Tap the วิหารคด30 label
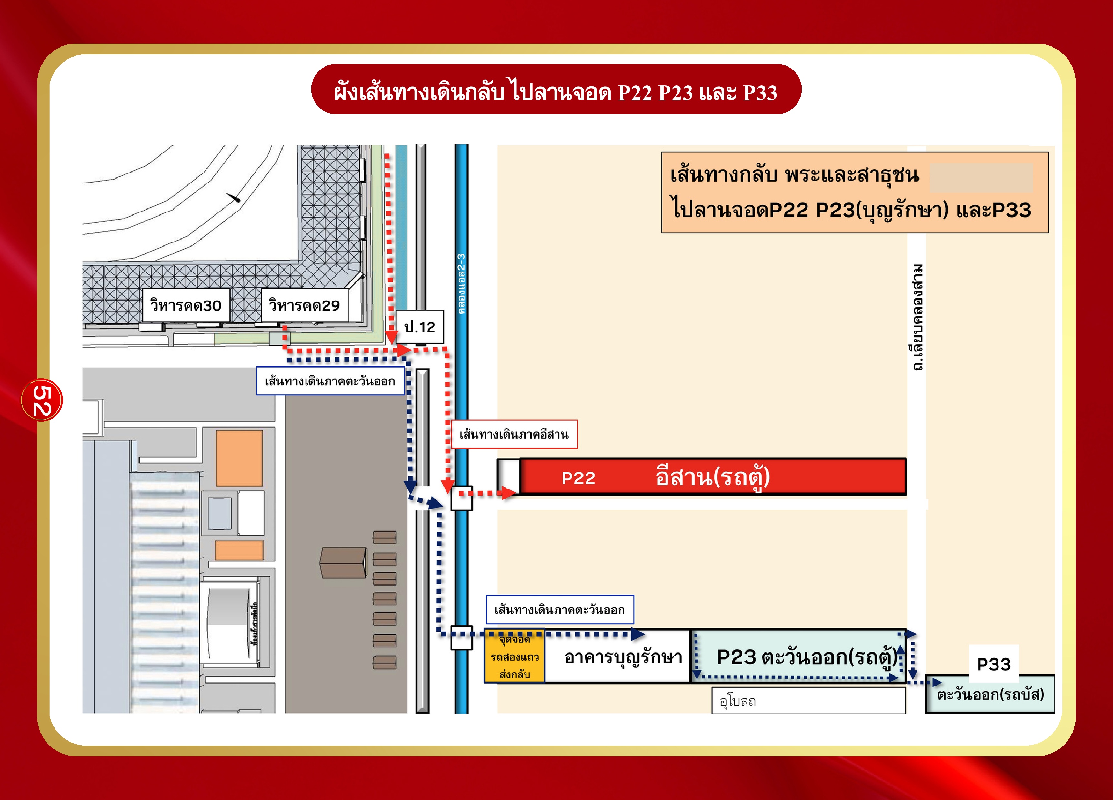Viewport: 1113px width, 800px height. pyautogui.click(x=185, y=305)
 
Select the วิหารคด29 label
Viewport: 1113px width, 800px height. pyautogui.click(x=304, y=305)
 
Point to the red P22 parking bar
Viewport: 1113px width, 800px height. pyautogui.click(x=712, y=477)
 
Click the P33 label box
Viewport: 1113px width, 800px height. pyautogui.click(x=994, y=664)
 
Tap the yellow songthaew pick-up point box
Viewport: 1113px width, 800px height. pyautogui.click(x=514, y=656)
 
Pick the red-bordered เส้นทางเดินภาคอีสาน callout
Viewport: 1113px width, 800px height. pyautogui.click(x=514, y=434)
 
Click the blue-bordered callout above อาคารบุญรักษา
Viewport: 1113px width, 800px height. pyautogui.click(x=559, y=609)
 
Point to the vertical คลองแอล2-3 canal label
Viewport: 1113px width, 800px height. pyautogui.click(x=461, y=283)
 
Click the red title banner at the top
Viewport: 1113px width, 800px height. pyautogui.click(x=556, y=90)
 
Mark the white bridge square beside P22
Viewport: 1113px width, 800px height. pyautogui.click(x=461, y=498)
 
